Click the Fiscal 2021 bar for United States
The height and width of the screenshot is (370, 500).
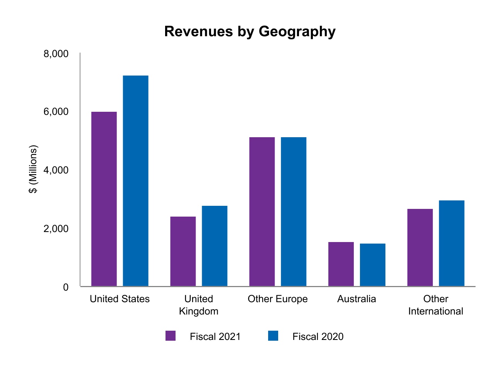[x=104, y=199]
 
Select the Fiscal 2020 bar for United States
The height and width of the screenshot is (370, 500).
[x=135, y=181]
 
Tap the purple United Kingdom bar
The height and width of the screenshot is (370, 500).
[x=183, y=251]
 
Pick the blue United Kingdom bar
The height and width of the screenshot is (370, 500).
[x=215, y=246]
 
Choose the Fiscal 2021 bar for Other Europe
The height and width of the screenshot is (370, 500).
[x=262, y=212]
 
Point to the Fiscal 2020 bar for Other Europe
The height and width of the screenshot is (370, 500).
[x=294, y=212]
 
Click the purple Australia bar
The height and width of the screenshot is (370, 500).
[x=341, y=264]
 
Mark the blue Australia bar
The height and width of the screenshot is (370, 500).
[x=373, y=265]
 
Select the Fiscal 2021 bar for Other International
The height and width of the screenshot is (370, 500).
[x=420, y=247]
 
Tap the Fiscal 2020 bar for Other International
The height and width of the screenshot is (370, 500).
[x=452, y=243]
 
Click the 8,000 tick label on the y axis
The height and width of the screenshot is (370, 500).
[x=56, y=54]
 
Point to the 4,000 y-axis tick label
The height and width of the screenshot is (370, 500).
[x=56, y=170]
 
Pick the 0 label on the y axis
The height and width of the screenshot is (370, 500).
[x=66, y=287]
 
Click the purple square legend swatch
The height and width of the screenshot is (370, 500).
[x=171, y=336]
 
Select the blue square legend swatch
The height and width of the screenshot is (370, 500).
[x=273, y=336]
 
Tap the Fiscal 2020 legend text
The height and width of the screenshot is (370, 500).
[x=318, y=336]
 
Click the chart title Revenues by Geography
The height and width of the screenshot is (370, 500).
[x=250, y=31]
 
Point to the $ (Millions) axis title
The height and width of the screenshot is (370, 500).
[x=34, y=170]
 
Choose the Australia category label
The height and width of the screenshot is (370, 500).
[x=356, y=299]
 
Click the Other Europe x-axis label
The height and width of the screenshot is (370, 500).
[x=278, y=299]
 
